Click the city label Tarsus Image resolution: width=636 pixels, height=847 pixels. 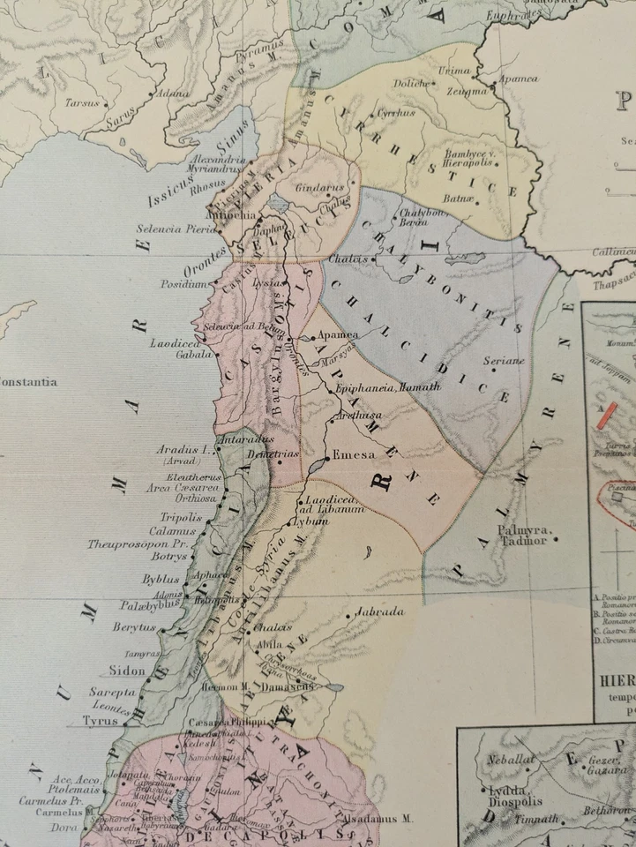(x=81, y=102)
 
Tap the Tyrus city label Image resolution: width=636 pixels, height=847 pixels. (x=100, y=720)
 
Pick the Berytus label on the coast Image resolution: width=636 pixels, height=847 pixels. (x=133, y=627)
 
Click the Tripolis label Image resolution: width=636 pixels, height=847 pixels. (x=181, y=517)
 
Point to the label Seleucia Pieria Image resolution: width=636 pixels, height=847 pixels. (x=176, y=229)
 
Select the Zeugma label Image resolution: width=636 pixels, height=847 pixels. (x=467, y=91)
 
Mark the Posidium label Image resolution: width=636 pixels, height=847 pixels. (x=183, y=284)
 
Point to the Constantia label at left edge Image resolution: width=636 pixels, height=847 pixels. (x=28, y=382)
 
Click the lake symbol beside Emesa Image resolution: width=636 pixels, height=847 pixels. (x=318, y=464)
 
